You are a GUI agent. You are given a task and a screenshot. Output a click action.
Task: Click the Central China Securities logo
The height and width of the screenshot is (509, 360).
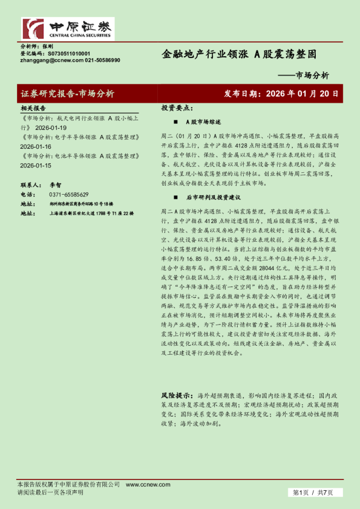tap(67, 28)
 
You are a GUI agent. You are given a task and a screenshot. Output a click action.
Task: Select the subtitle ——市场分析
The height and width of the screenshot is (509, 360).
tap(307, 76)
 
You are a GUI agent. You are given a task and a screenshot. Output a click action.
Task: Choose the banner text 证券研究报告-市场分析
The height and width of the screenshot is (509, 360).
tap(67, 94)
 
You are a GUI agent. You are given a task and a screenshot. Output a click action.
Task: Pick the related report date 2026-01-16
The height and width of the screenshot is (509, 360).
tap(36, 147)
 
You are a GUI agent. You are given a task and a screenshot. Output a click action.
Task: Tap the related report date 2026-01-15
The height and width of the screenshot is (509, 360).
tap(36, 165)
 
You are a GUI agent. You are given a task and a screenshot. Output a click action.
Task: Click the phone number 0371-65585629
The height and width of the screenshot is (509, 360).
tap(69, 195)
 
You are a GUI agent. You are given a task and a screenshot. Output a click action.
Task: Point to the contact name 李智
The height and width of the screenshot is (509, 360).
tap(55, 185)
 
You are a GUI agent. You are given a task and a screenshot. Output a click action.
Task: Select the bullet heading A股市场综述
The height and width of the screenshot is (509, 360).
tap(204, 122)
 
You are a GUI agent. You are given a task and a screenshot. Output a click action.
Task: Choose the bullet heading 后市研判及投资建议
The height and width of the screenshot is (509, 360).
tap(213, 197)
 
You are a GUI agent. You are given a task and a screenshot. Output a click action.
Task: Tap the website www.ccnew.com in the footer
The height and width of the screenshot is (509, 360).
tap(140, 485)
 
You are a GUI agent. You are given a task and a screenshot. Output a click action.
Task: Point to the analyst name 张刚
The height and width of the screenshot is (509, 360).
tap(48, 46)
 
